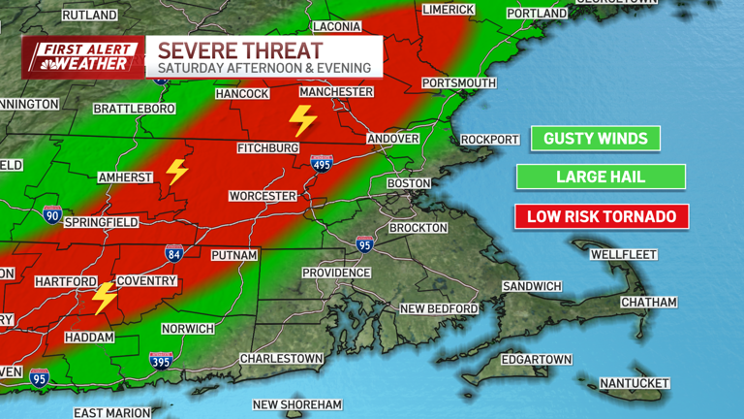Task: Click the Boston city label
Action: point(408,183)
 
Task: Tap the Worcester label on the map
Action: point(263,196)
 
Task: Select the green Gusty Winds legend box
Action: point(595,139)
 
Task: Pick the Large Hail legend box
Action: point(601,177)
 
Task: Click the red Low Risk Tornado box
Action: point(601,215)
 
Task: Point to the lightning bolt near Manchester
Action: point(303,120)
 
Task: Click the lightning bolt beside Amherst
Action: point(176,172)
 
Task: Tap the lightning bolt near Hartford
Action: point(104,298)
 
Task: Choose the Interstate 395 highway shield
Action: point(162,361)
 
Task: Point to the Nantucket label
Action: point(635,383)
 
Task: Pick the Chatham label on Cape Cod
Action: point(648,303)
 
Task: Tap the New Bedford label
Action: point(439,308)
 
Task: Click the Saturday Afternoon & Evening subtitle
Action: point(263,68)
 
